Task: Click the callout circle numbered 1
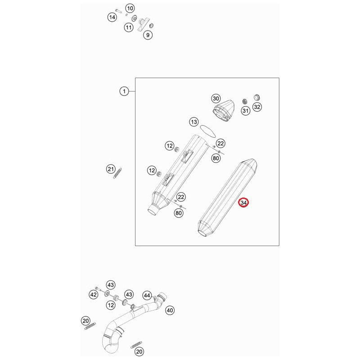(x=124, y=91)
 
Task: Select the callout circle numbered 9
(x=148, y=35)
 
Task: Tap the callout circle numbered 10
(x=130, y=8)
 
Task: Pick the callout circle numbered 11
(x=129, y=27)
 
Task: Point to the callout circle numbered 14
(x=112, y=17)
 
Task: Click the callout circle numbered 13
(x=193, y=122)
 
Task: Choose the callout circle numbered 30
(x=216, y=99)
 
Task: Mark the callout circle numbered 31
(x=245, y=111)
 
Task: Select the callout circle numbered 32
(x=257, y=107)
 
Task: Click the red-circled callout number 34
(x=243, y=203)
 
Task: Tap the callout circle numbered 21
(x=111, y=169)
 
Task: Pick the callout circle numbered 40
(x=170, y=310)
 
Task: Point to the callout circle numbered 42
(x=93, y=294)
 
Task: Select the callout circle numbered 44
(x=147, y=295)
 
